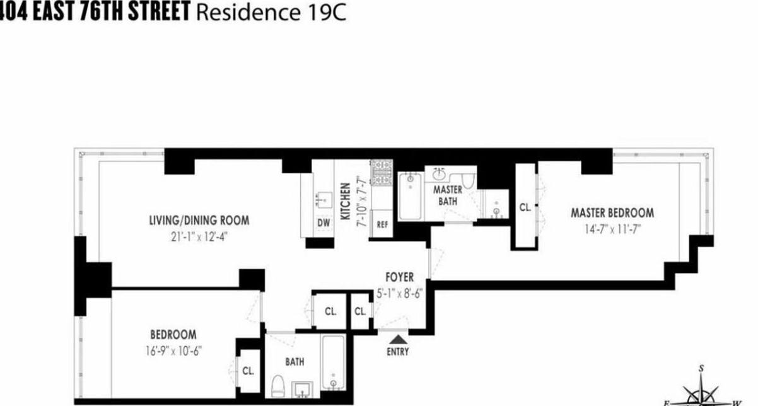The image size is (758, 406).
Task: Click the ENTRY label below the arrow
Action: click(398, 352)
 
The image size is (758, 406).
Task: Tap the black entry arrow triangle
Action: click(397, 340)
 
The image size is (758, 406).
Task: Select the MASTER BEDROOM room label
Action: click(612, 212)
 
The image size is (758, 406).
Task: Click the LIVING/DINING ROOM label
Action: click(199, 221)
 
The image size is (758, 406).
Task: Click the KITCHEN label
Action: click(346, 201)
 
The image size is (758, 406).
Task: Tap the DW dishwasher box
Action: click(324, 223)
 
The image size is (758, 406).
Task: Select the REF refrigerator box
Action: click(382, 224)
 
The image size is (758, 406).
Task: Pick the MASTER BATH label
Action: click(447, 195)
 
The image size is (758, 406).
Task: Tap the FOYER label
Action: click(400, 277)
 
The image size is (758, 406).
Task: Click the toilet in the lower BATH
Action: click(277, 386)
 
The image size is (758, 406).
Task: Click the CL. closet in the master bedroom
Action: click(525, 206)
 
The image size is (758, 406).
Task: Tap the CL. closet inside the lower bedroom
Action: click(248, 371)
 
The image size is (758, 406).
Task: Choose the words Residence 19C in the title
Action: click(272, 13)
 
